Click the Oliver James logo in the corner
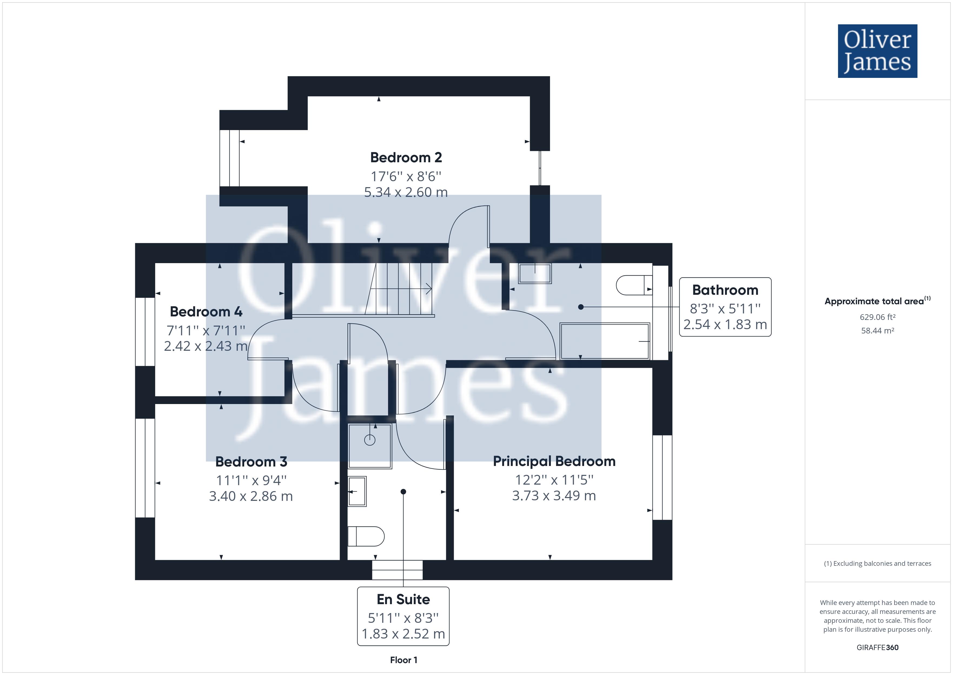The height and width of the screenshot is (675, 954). (877, 51)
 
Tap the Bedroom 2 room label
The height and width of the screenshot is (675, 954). (406, 158)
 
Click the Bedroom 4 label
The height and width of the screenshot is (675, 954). (206, 311)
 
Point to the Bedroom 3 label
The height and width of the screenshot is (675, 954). (251, 461)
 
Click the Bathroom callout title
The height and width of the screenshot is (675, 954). (725, 290)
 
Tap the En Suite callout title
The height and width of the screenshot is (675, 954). (403, 599)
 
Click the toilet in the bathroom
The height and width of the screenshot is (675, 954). (634, 285)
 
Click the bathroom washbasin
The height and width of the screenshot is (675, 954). (535, 273)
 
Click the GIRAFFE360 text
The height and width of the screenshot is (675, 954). (877, 647)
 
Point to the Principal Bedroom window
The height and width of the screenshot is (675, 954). (662, 478)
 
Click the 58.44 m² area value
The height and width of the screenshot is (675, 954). (877, 331)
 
